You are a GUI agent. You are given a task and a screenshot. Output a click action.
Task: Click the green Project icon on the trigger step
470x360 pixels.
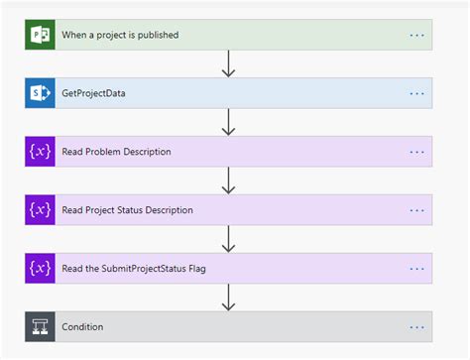click(x=41, y=35)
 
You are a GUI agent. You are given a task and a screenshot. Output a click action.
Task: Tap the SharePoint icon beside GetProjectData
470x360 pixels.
click(x=41, y=93)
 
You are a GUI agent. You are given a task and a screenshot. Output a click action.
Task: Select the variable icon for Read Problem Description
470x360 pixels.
click(x=41, y=152)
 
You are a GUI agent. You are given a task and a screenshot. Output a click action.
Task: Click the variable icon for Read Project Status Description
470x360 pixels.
click(x=41, y=209)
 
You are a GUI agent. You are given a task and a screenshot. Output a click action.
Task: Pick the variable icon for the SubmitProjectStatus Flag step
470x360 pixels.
click(x=41, y=268)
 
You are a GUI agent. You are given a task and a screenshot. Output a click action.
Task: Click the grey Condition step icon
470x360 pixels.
click(x=41, y=326)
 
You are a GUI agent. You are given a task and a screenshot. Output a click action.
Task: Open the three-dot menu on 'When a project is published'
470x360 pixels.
click(x=416, y=36)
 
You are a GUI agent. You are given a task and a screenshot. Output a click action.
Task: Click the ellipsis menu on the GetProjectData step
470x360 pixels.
click(x=416, y=94)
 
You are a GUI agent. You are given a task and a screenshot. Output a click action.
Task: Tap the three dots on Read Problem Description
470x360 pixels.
click(x=416, y=152)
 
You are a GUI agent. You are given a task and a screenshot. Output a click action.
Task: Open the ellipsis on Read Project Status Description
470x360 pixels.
click(x=416, y=210)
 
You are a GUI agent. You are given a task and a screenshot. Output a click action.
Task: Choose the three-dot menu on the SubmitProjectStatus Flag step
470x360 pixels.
click(x=416, y=268)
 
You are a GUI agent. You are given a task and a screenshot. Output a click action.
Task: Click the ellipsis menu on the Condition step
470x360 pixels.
click(x=416, y=326)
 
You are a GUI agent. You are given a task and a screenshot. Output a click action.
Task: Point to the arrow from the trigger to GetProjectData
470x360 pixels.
click(x=228, y=63)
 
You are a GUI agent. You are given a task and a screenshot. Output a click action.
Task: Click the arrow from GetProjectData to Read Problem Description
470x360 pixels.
click(x=228, y=122)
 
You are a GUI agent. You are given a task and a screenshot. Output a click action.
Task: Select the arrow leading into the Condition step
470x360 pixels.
click(x=228, y=297)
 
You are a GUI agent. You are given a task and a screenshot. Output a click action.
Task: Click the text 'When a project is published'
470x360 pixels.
click(x=120, y=36)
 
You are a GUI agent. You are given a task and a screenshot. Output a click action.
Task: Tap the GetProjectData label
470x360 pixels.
click(x=94, y=94)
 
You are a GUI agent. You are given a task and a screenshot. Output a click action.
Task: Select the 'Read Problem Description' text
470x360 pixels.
click(x=116, y=152)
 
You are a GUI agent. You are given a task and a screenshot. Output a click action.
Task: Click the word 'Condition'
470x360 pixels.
click(x=82, y=326)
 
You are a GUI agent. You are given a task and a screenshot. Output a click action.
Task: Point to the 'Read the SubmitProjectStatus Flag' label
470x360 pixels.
click(x=132, y=268)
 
